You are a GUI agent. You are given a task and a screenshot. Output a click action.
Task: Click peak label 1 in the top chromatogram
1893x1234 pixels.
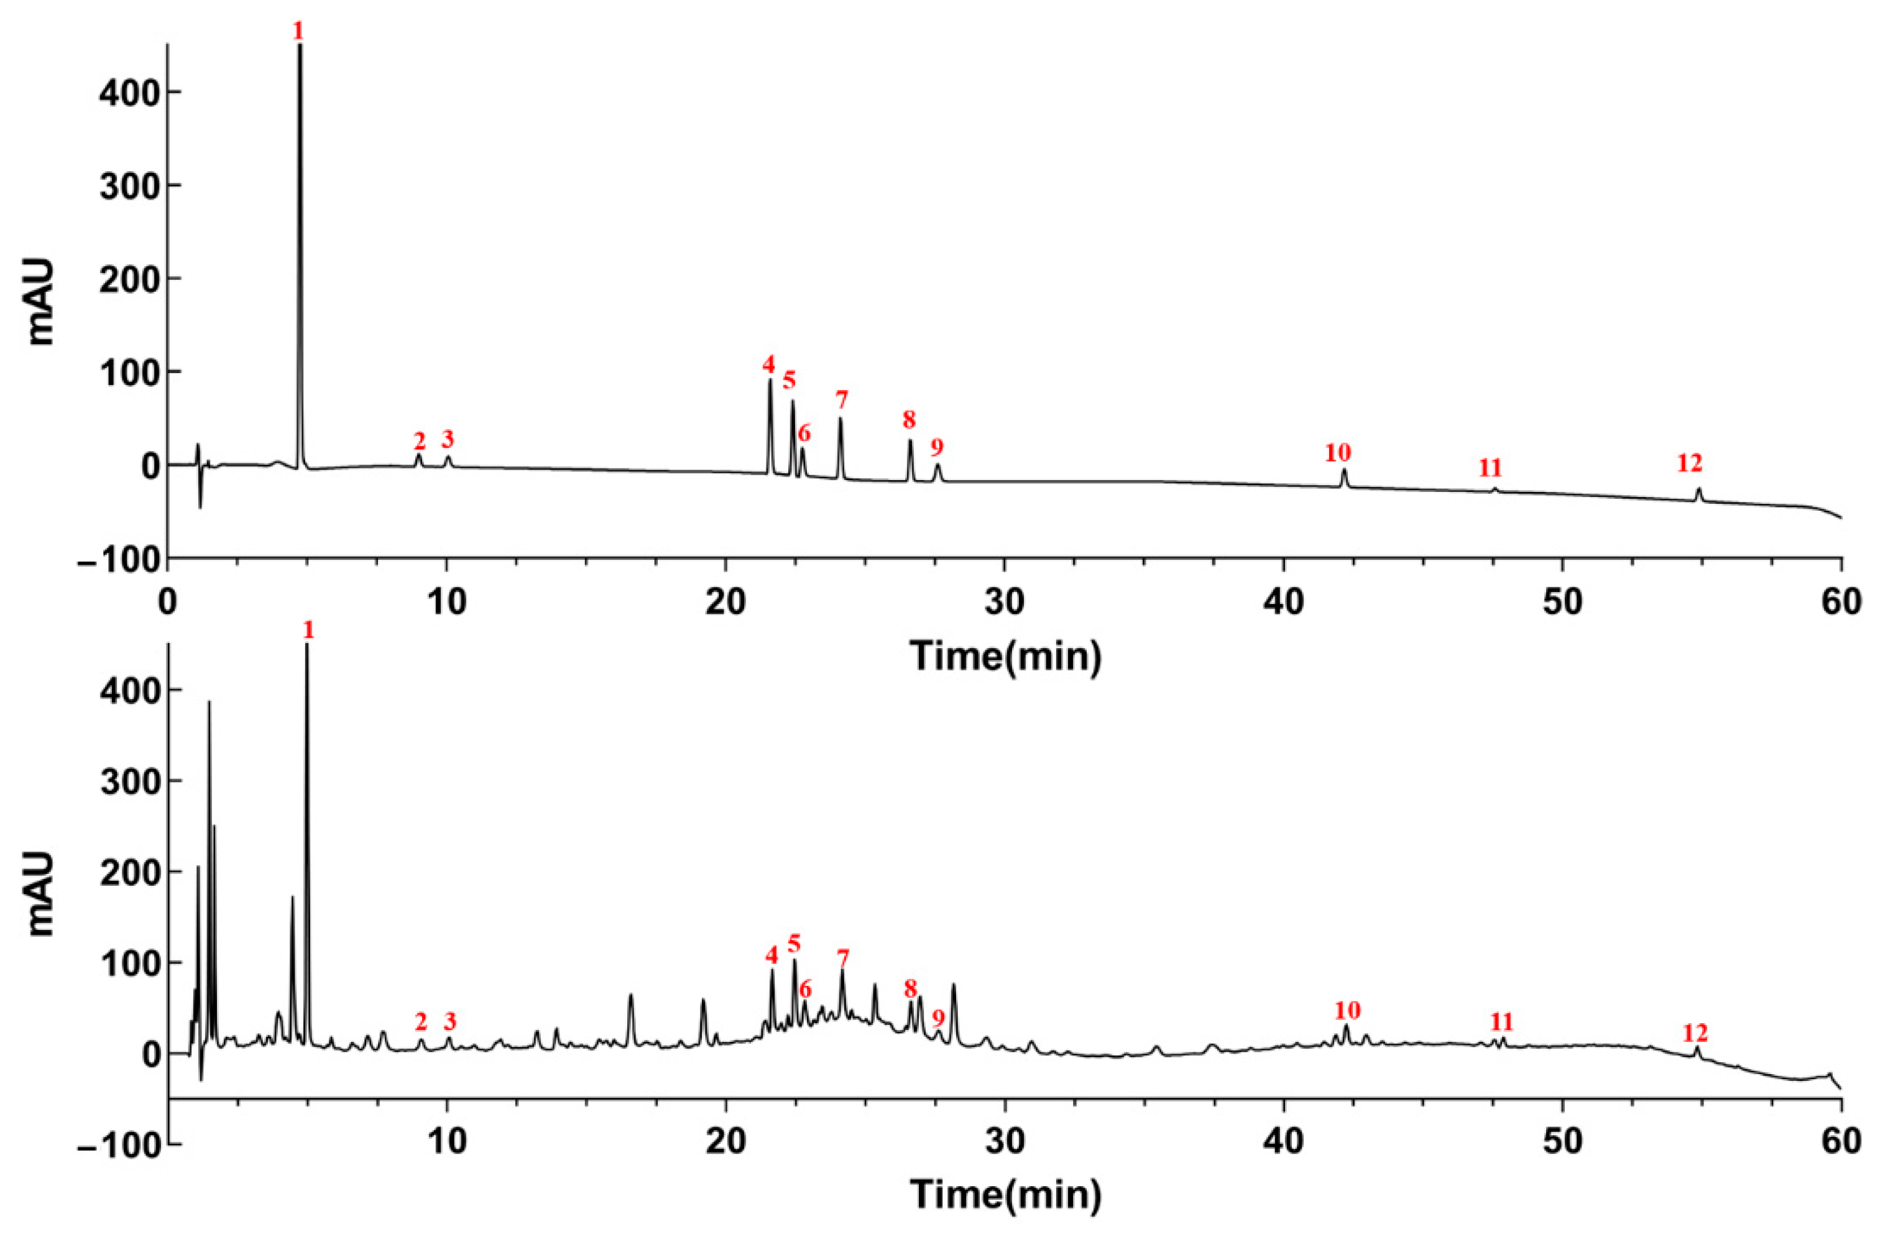click(298, 32)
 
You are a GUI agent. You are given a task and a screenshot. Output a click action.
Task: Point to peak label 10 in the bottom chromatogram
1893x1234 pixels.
click(1347, 1011)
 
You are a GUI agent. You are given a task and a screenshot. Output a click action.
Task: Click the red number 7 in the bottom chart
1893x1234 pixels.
click(843, 957)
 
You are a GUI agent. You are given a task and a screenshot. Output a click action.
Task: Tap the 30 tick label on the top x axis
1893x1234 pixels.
click(1005, 602)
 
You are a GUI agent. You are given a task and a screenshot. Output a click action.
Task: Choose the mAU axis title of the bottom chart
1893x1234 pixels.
click(42, 894)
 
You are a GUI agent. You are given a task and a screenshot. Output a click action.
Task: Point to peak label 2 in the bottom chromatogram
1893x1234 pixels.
click(421, 1021)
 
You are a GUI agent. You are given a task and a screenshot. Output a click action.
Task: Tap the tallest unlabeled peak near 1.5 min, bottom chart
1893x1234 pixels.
click(209, 703)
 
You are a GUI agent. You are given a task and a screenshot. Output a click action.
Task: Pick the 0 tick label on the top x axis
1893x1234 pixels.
click(168, 602)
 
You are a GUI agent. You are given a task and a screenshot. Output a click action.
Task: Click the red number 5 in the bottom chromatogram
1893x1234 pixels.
click(794, 944)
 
